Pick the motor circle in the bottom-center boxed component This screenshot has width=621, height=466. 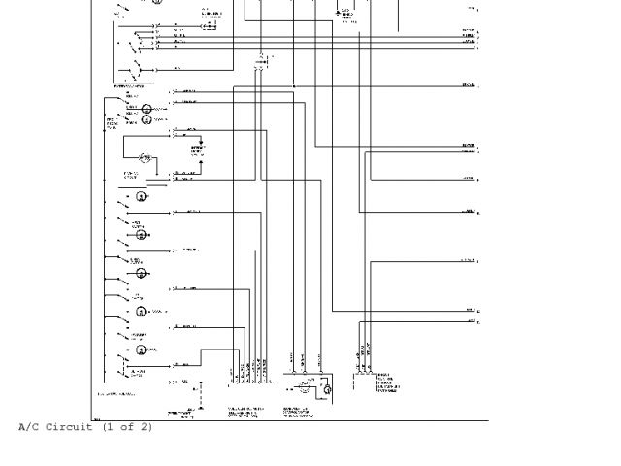pyautogui.click(x=327, y=389)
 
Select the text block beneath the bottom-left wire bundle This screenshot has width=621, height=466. pyautogui.click(x=245, y=412)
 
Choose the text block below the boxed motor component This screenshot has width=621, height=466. pyautogui.click(x=300, y=413)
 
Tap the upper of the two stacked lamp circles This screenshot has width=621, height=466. pyautogui.click(x=147, y=110)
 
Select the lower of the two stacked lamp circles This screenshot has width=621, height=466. pyautogui.click(x=147, y=120)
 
